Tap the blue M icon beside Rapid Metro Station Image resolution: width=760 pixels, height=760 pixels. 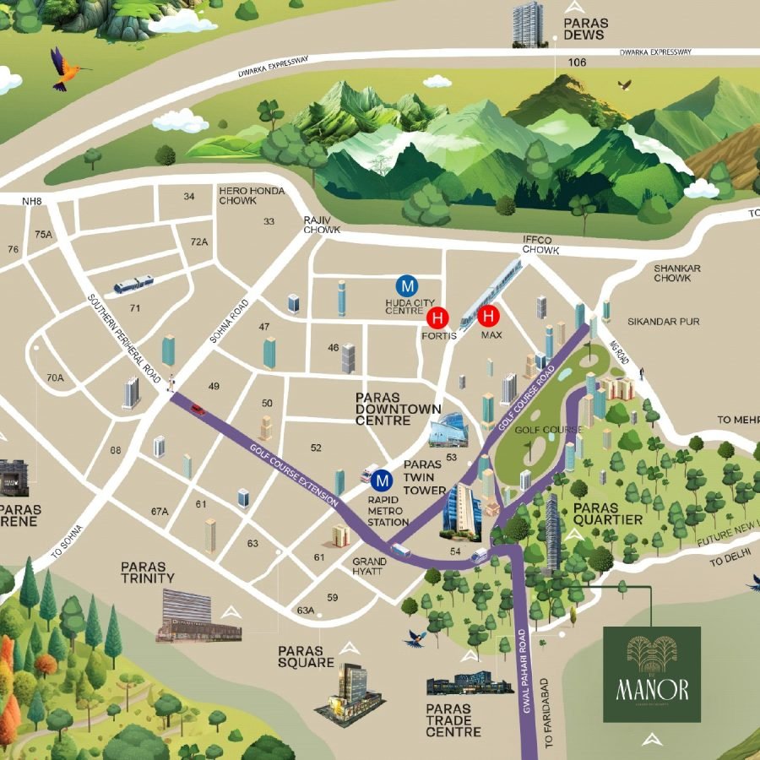(x=382, y=480)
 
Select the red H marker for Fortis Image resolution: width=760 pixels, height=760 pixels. (x=437, y=318)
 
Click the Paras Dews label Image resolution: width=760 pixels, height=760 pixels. (x=584, y=29)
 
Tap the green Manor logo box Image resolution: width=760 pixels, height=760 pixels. (x=651, y=674)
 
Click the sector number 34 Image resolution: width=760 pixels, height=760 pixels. (x=189, y=197)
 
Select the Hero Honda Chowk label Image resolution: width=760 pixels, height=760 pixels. (x=243, y=196)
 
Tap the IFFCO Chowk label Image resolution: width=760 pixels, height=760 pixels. (x=541, y=245)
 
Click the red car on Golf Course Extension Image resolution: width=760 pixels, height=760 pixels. (x=198, y=410)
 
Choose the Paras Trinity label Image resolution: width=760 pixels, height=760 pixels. (x=148, y=572)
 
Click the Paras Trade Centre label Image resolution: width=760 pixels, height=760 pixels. (x=453, y=719)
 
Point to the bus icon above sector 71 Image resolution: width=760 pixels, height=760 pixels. (x=133, y=284)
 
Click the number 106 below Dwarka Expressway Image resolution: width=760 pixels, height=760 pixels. (x=577, y=62)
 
